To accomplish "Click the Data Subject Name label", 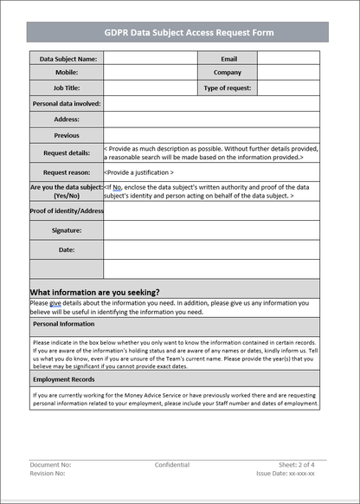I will pyautogui.click(x=67, y=59).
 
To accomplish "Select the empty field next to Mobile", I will pyautogui.click(x=151, y=73).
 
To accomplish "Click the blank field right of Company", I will pyautogui.click(x=288, y=73).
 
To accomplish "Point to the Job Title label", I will pyautogui.click(x=67, y=87).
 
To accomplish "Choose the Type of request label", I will pyautogui.click(x=228, y=87).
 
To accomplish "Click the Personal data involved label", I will pyautogui.click(x=67, y=103).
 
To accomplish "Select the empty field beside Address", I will pyautogui.click(x=211, y=119).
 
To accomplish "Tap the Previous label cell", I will pyautogui.click(x=67, y=135).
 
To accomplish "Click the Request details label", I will pyautogui.click(x=67, y=153).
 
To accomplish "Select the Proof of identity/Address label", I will pyautogui.click(x=67, y=210).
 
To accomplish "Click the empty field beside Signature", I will pyautogui.click(x=211, y=230).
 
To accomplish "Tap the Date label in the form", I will pyautogui.click(x=67, y=249).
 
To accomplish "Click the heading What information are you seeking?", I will pyautogui.click(x=95, y=292).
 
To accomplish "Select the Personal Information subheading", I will pyautogui.click(x=64, y=324).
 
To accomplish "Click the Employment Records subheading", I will pyautogui.click(x=64, y=379).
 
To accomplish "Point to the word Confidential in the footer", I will pyautogui.click(x=172, y=465).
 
